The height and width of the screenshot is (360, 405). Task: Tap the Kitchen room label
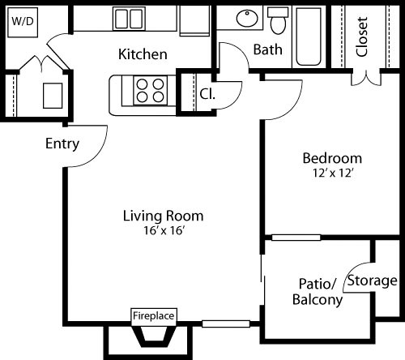click(143, 55)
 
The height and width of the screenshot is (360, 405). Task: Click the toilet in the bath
click(279, 20)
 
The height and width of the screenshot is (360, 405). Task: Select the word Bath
click(268, 49)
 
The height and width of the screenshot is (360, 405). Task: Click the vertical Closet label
click(362, 36)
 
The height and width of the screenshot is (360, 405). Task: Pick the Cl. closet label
click(208, 92)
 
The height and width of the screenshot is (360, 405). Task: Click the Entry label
click(62, 144)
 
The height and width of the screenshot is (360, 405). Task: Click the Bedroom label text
click(332, 157)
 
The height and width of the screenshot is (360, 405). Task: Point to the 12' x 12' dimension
click(332, 172)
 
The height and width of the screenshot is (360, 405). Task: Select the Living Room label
click(163, 216)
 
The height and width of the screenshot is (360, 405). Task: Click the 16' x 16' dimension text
click(163, 230)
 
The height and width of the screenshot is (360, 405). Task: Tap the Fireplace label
click(154, 315)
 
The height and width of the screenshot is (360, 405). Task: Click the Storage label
click(373, 281)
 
